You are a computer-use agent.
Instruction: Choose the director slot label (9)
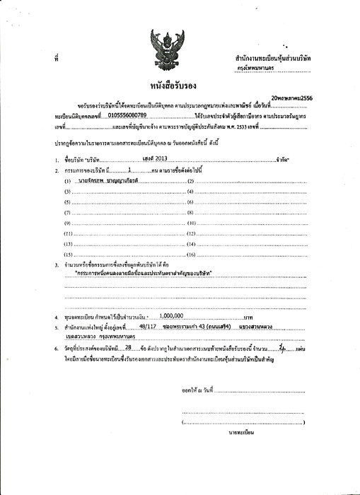tap(69, 223)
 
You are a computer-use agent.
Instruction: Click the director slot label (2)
tap(190, 163)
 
